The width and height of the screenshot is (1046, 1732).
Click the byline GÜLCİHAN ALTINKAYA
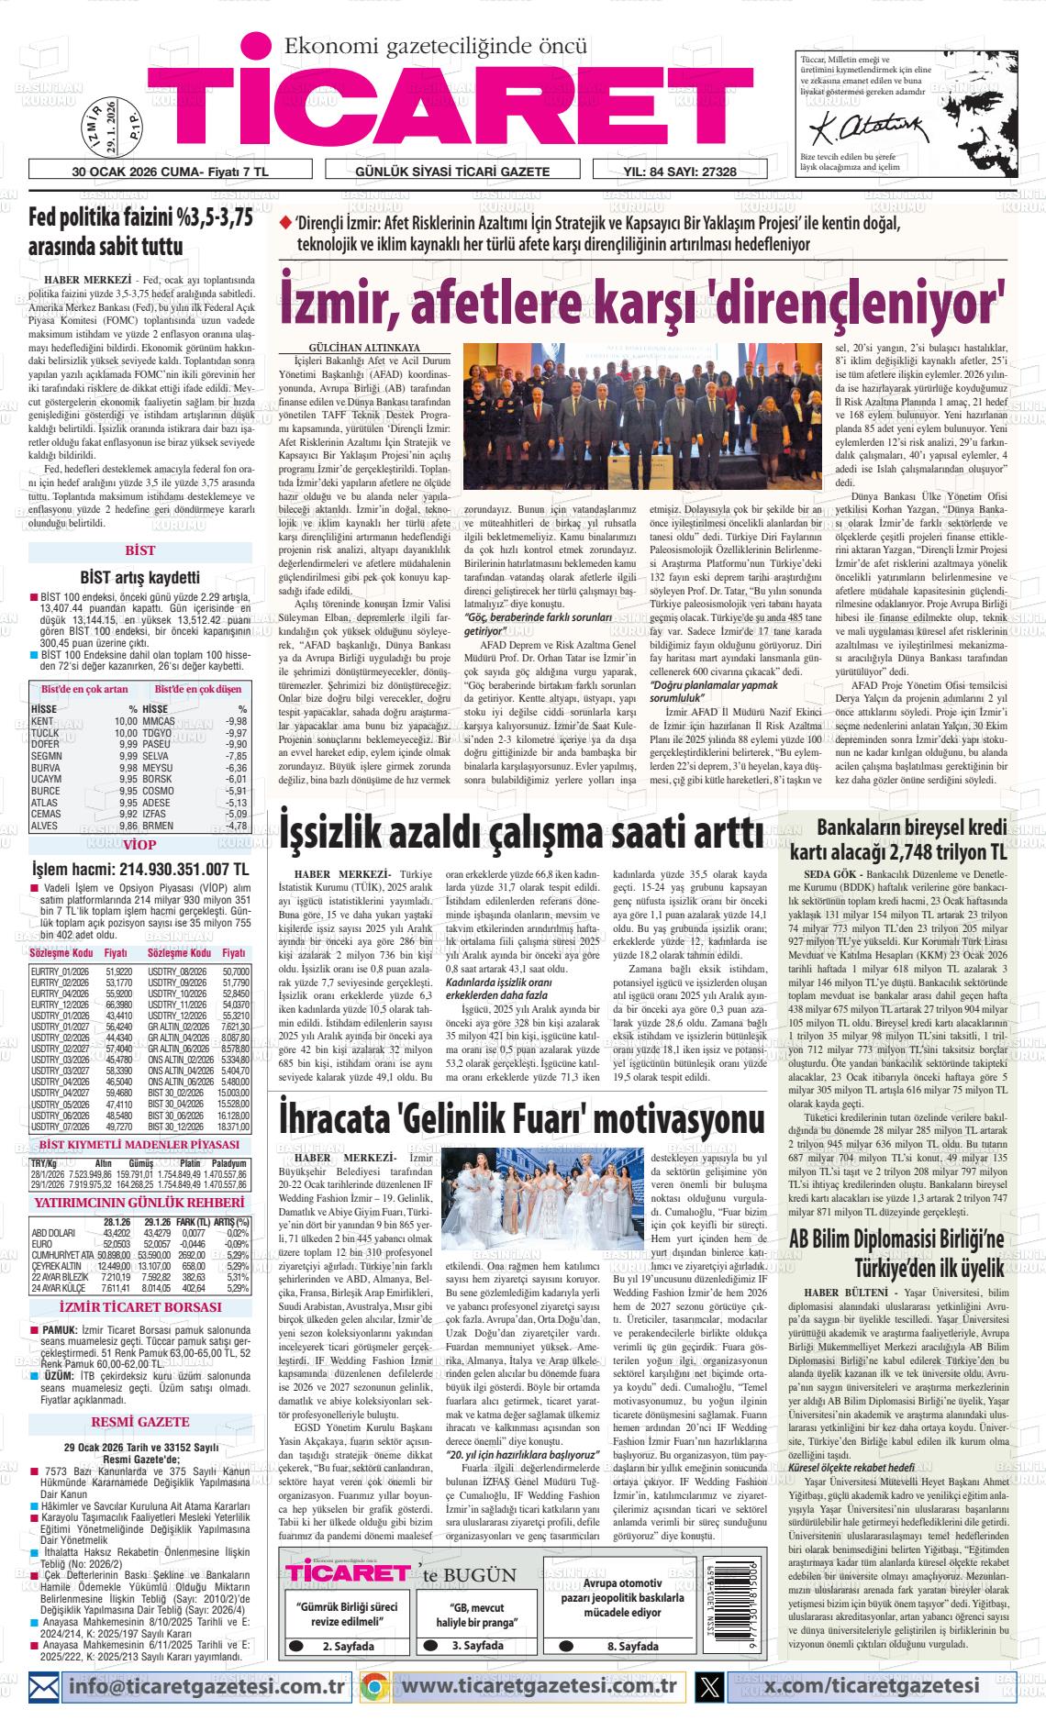pyautogui.click(x=364, y=349)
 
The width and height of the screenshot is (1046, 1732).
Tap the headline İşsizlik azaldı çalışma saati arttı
pyautogui.click(x=521, y=833)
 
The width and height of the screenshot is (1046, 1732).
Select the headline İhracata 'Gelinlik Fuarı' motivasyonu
pyautogui.click(x=521, y=1120)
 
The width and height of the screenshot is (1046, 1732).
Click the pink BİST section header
pyautogui.click(x=139, y=551)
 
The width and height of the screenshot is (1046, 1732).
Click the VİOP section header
pyautogui.click(x=139, y=845)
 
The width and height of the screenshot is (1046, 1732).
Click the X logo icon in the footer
pyautogui.click(x=710, y=1686)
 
